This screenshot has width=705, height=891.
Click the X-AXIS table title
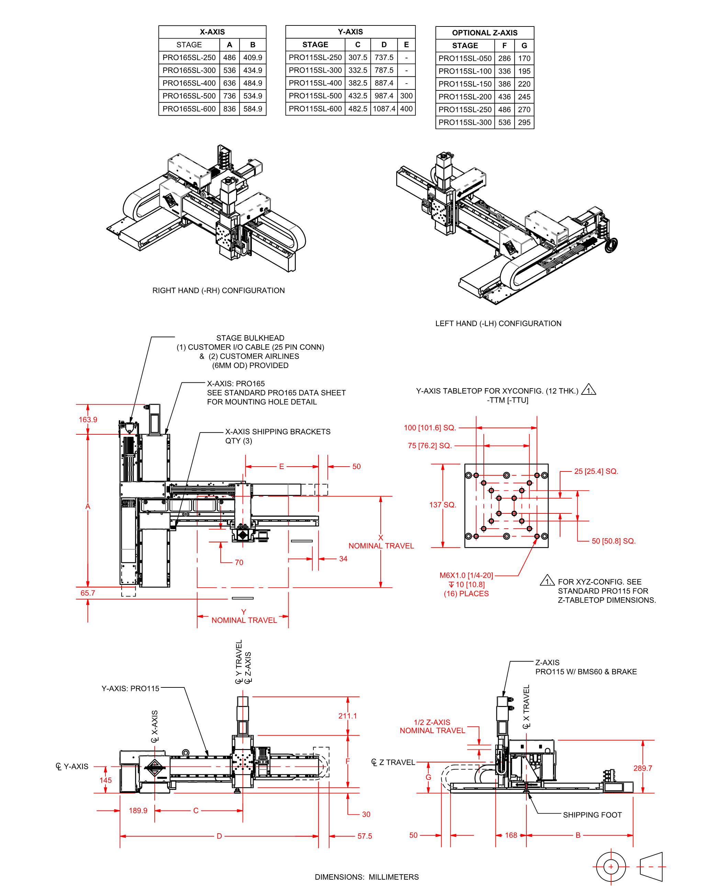point(212,32)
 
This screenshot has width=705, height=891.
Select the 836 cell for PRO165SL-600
point(230,109)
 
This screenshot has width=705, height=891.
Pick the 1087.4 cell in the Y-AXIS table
point(384,109)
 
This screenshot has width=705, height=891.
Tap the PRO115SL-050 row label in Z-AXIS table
point(465,58)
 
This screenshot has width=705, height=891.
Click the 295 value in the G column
point(524,122)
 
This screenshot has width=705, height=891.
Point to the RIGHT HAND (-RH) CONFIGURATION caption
point(219,290)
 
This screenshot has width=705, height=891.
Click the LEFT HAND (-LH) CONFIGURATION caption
point(498,324)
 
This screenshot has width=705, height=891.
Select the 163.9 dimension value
point(88,419)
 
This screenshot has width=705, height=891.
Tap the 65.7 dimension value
point(88,593)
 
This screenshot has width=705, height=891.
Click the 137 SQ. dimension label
point(443,504)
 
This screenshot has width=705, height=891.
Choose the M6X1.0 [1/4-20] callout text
point(466,575)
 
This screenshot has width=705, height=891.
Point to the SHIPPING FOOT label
point(592,815)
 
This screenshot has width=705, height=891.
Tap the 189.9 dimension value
point(138,811)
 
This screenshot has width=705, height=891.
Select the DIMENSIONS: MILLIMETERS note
point(367,877)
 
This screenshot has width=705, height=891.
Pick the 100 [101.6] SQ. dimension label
point(430,427)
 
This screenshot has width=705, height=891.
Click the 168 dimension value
point(511,835)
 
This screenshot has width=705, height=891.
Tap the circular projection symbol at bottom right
point(611,866)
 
